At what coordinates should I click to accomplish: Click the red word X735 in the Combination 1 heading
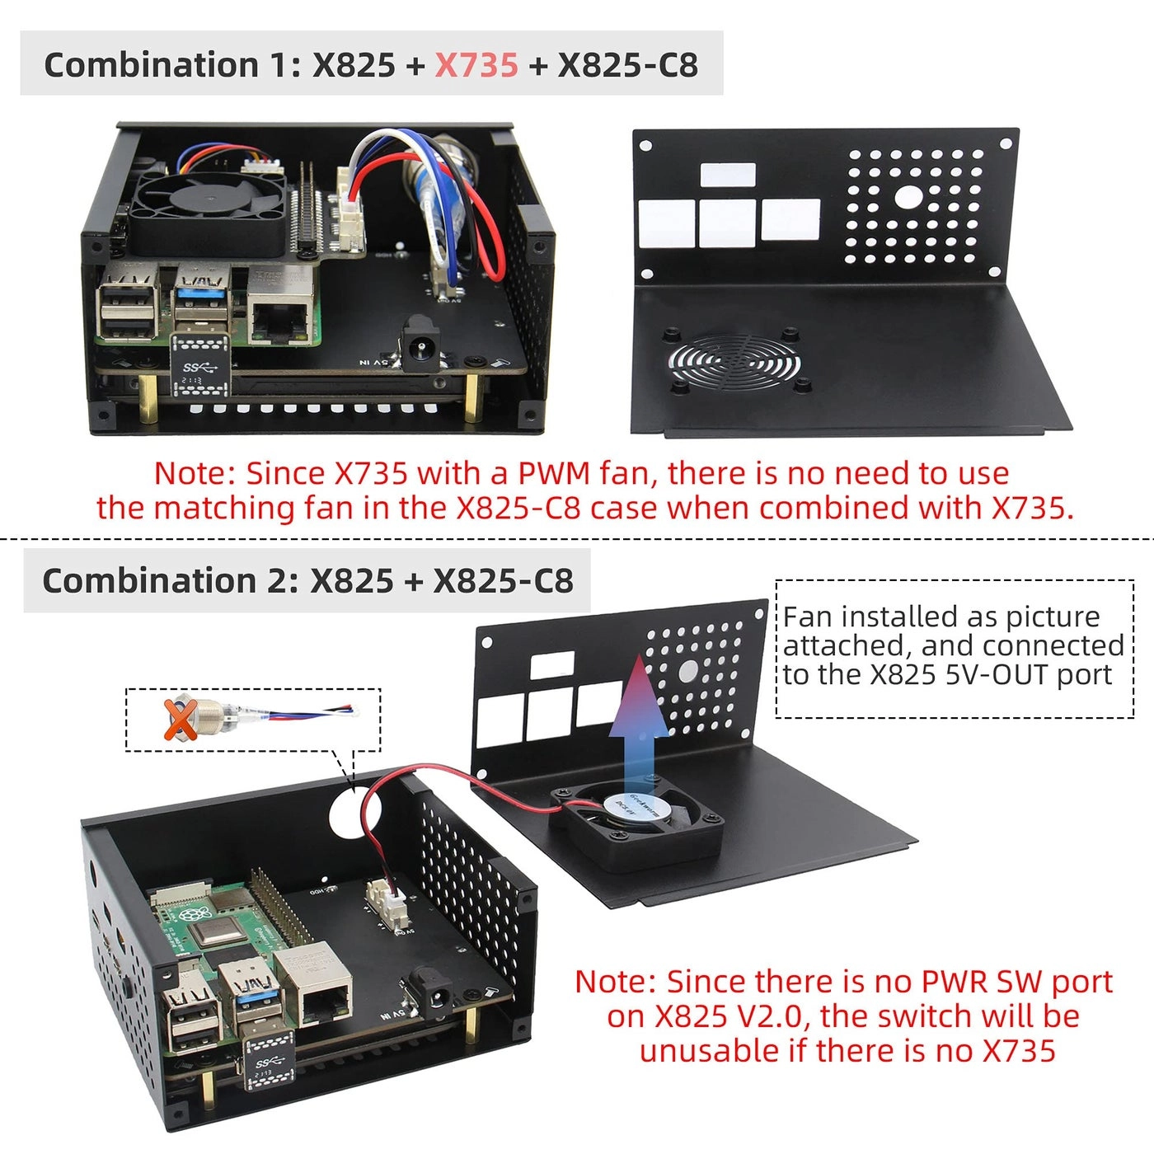(476, 65)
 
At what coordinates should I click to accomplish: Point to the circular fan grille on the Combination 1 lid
(734, 362)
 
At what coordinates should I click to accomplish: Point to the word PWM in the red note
(554, 473)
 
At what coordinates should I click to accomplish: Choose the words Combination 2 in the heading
(165, 580)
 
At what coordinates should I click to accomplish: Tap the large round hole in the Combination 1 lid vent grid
(908, 196)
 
